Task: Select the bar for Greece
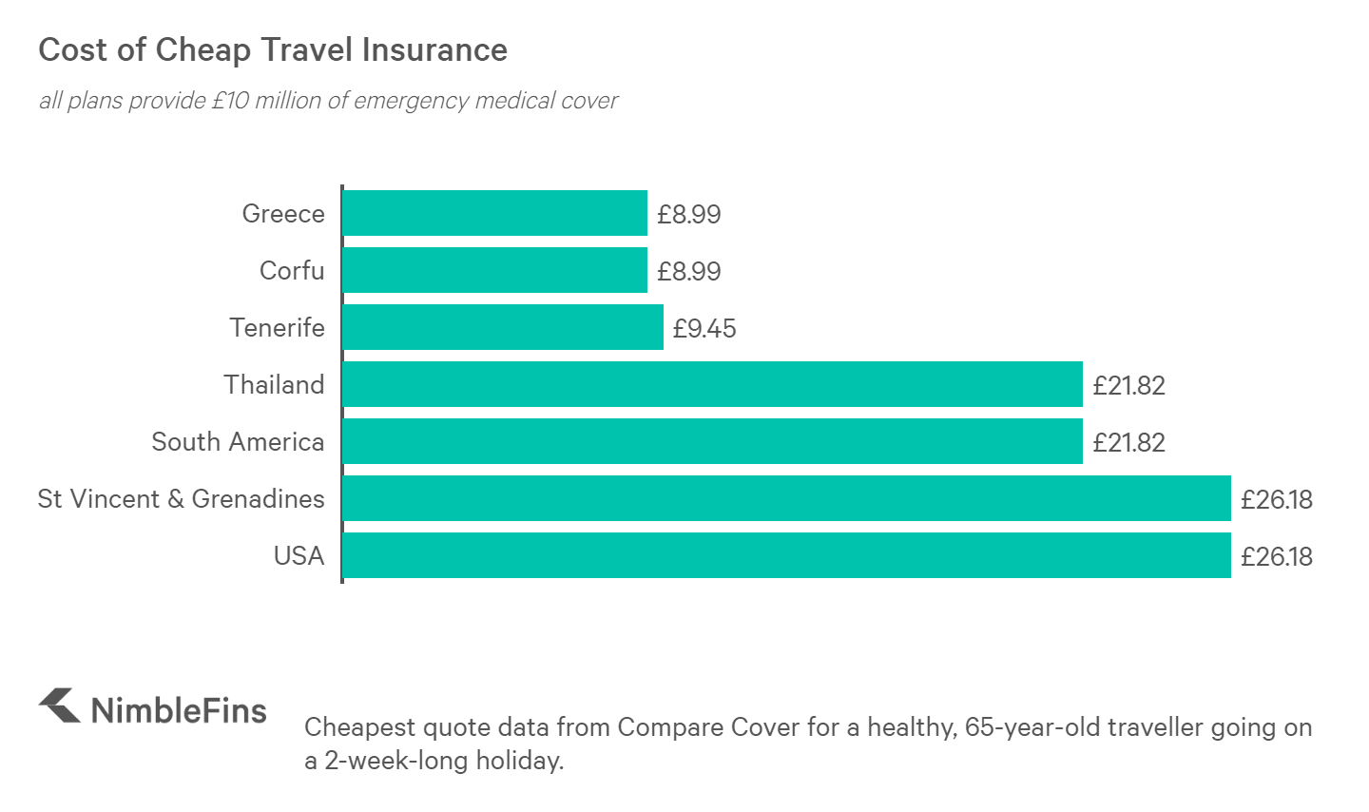tap(494, 213)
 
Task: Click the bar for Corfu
tap(494, 270)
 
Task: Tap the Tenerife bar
tap(502, 327)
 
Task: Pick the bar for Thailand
tap(712, 384)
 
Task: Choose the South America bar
tap(712, 441)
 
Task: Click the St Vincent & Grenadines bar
tap(786, 498)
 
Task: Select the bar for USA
tap(786, 555)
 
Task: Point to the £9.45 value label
tap(704, 328)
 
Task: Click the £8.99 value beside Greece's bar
tap(688, 214)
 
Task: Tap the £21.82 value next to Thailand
tap(1128, 385)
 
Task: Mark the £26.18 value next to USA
tap(1276, 556)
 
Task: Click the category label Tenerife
tap(277, 328)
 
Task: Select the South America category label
tap(238, 442)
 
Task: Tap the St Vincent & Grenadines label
tap(181, 499)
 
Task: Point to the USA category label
tap(299, 556)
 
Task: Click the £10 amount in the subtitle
tap(229, 101)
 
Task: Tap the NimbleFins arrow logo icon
tap(59, 706)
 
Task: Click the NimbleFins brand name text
tap(179, 710)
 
